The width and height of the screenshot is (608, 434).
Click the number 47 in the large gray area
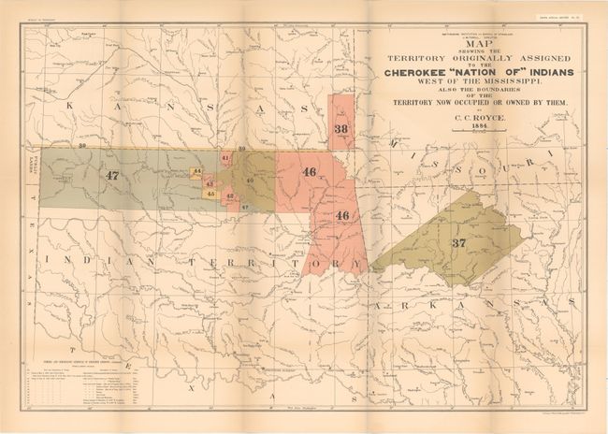click(112, 175)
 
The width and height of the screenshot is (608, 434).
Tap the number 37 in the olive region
click(458, 242)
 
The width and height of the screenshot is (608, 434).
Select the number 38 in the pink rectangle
click(341, 128)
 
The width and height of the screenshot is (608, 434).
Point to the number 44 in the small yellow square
click(196, 173)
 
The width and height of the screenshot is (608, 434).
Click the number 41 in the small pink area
click(225, 159)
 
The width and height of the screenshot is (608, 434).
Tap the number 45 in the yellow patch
click(210, 194)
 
